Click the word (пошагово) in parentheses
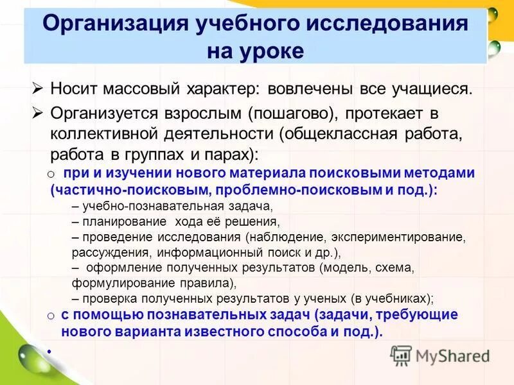(287, 114)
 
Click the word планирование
(116, 222)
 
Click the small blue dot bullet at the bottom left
(48, 350)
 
